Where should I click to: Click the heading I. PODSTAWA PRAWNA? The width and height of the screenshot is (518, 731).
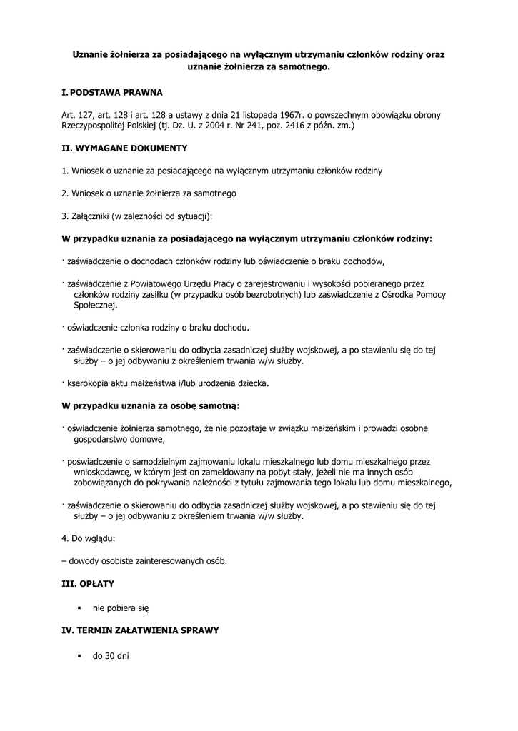(113, 93)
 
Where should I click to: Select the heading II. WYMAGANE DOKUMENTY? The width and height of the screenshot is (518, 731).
(125, 148)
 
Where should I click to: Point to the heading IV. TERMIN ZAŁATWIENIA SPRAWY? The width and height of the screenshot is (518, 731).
(141, 631)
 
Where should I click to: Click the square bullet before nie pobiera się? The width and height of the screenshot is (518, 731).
(80, 608)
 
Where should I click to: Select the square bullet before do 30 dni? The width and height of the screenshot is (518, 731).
(80, 655)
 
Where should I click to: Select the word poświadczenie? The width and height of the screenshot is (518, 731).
(100, 462)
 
